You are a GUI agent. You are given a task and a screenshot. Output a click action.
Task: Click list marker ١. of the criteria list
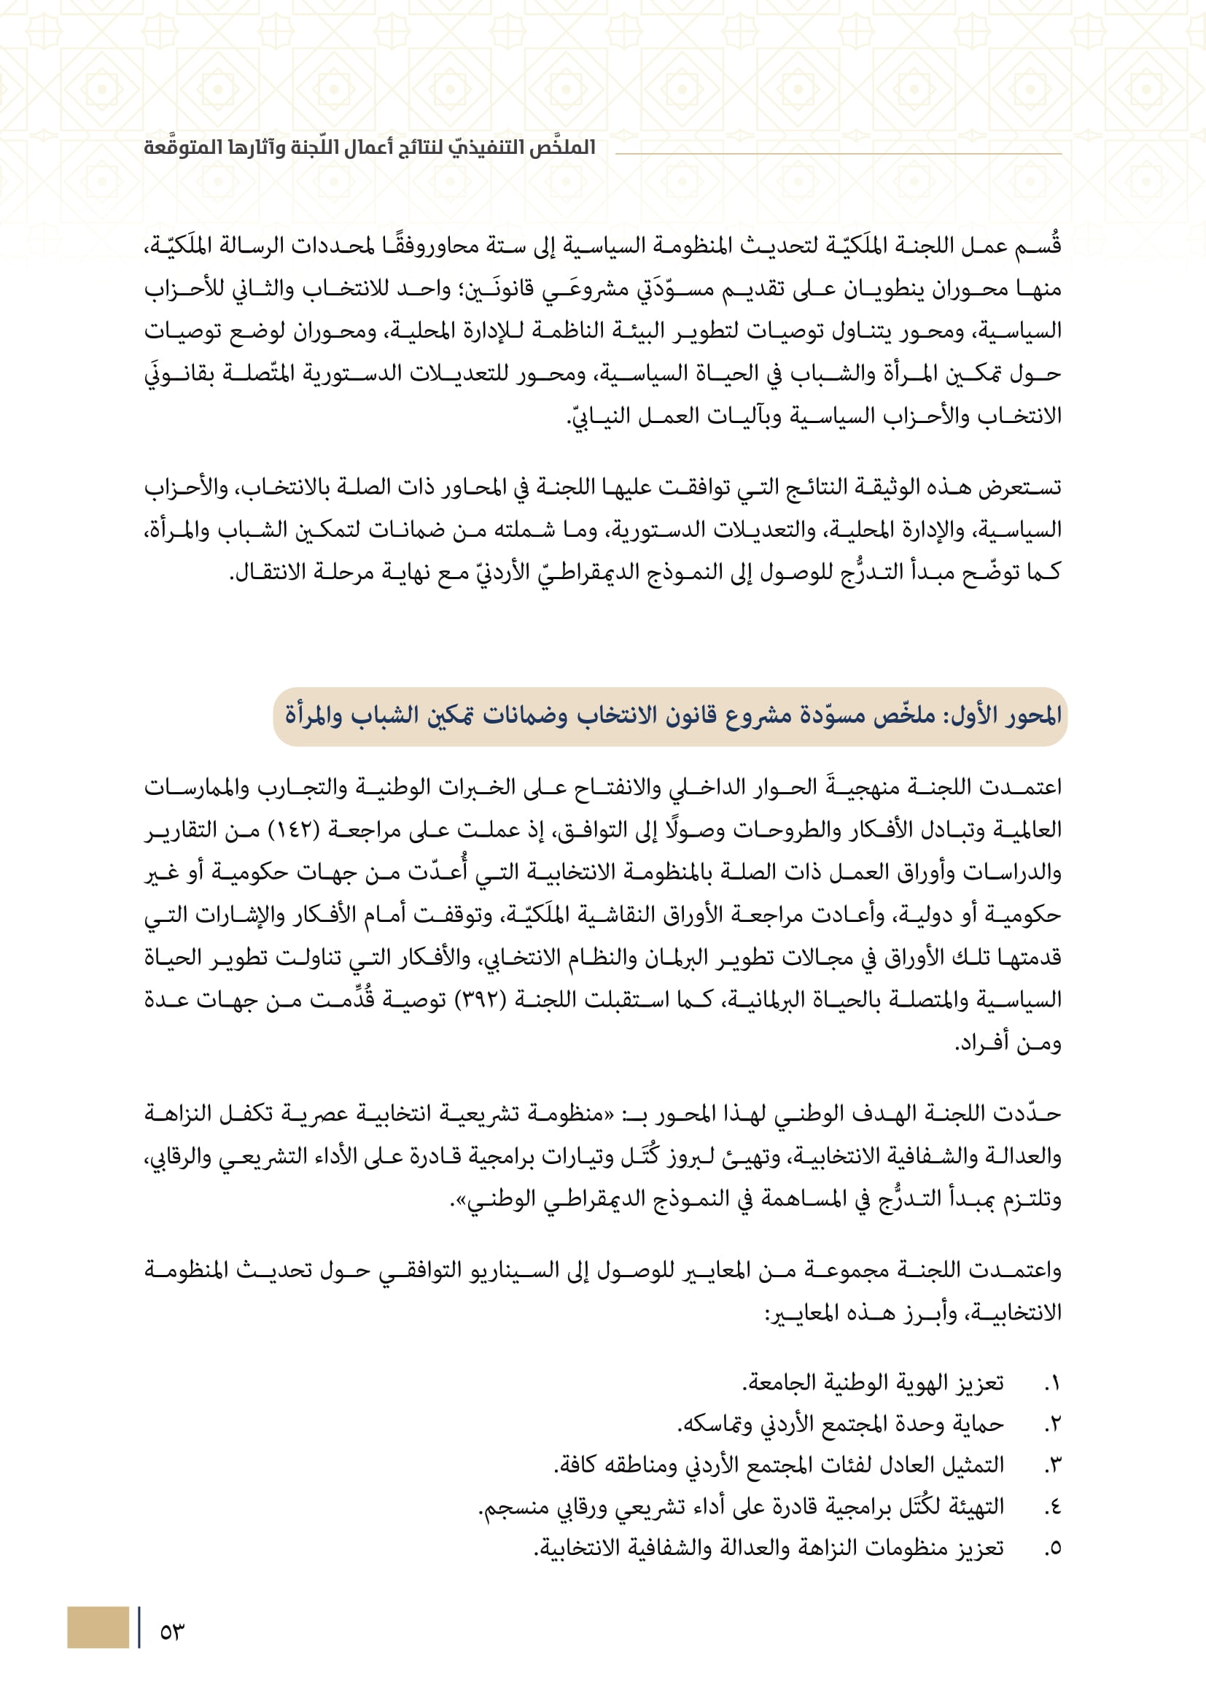[x=1052, y=1384]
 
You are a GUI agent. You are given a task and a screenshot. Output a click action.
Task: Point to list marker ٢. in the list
[x=1052, y=1424]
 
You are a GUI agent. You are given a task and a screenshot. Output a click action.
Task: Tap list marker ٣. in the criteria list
[x=1052, y=1465]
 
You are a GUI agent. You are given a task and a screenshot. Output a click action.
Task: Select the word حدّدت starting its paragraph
[x=1032, y=1113]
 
